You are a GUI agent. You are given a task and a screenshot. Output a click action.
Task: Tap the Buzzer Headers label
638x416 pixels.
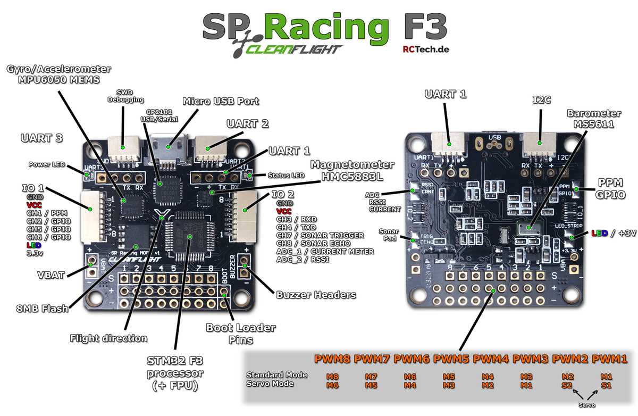316,294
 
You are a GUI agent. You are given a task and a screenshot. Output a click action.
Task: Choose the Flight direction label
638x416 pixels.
108,338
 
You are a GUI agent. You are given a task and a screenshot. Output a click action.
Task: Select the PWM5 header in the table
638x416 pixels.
451,359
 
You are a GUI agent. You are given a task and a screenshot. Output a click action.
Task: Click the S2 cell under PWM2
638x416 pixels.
567,384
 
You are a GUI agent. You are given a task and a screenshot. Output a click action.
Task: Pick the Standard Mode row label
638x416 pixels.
276,375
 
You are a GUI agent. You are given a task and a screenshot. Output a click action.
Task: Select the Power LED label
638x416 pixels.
46,164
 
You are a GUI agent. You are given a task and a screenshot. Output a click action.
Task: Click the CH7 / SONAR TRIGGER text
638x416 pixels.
320,235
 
